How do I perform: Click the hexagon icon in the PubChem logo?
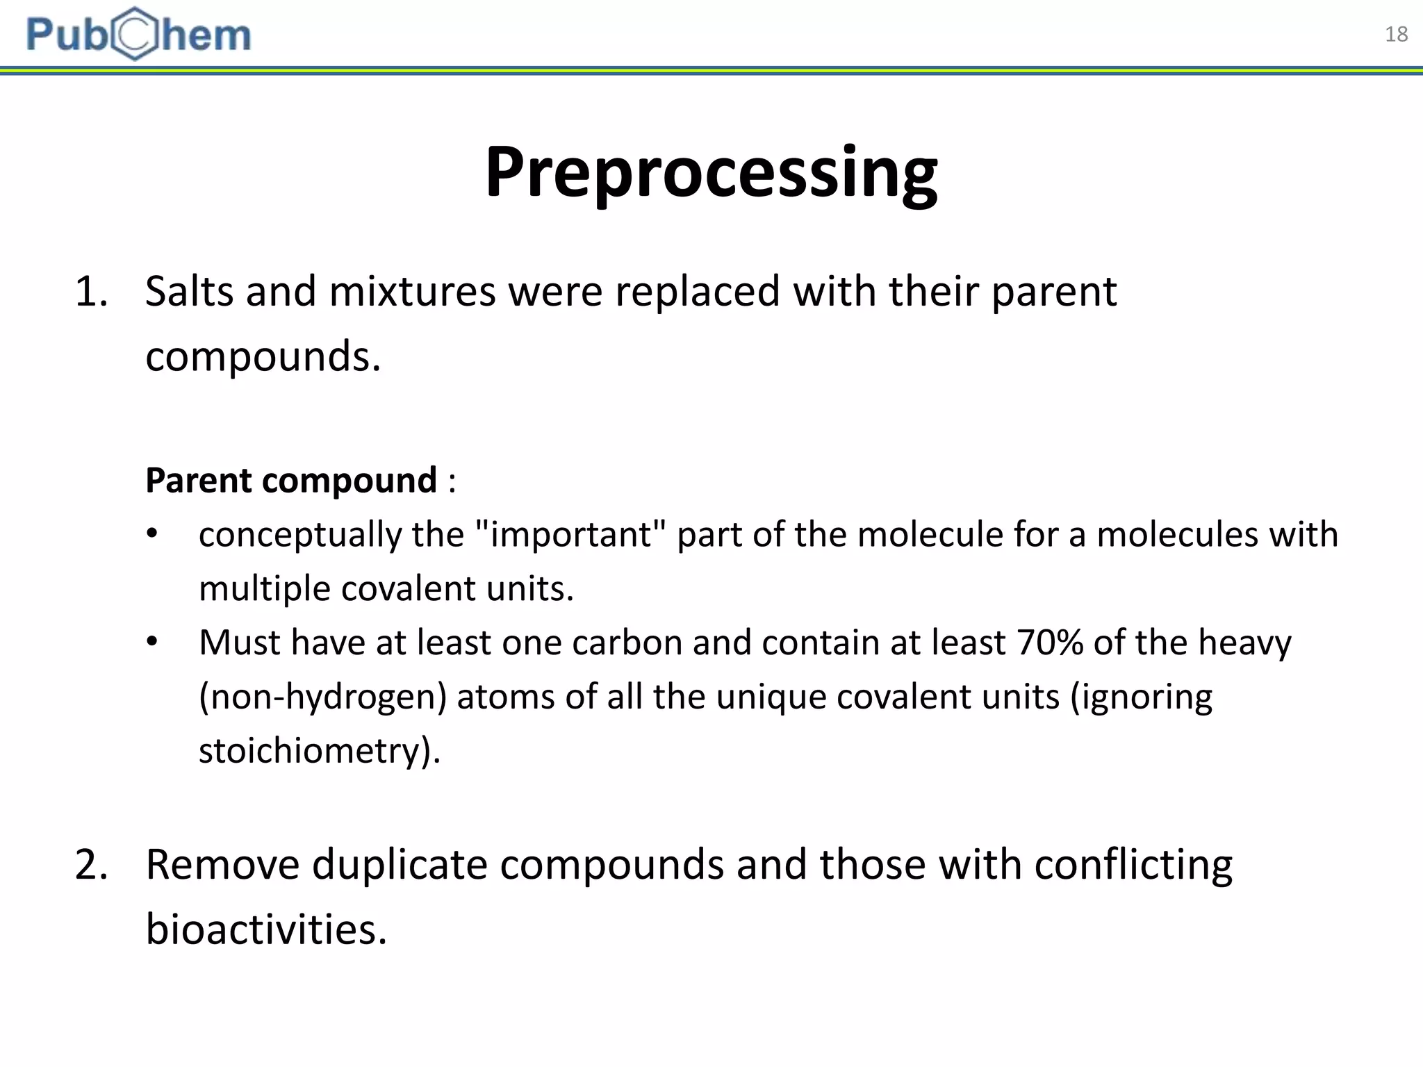click(136, 34)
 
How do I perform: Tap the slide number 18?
click(1396, 34)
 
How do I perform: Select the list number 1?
click(91, 292)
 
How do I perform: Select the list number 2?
click(91, 866)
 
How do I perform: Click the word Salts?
click(189, 291)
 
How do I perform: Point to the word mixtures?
click(412, 291)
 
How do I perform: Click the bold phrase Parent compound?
click(290, 480)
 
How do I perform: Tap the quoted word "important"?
click(570, 535)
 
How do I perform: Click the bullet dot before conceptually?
click(152, 534)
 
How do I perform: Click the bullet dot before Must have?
click(152, 642)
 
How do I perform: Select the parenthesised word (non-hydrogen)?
click(322, 697)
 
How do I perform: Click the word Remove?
click(222, 865)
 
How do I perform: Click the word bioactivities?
click(265, 929)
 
